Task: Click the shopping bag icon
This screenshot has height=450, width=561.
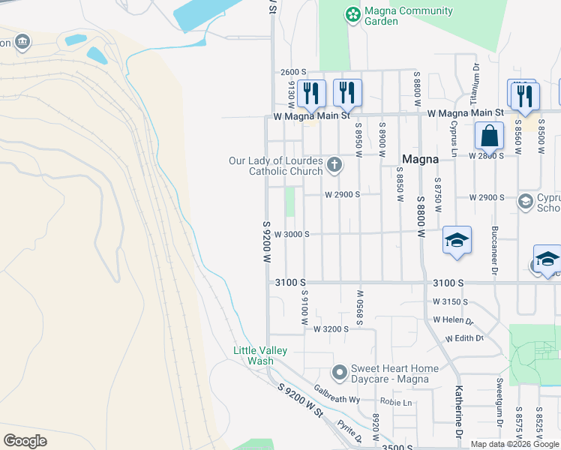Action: (489, 136)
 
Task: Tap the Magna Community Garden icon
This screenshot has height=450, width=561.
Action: (352, 14)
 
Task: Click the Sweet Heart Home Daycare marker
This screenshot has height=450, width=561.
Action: (340, 372)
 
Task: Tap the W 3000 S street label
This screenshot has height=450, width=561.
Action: (292, 234)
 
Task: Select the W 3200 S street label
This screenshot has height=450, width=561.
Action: (331, 329)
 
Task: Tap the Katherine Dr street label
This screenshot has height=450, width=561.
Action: (458, 414)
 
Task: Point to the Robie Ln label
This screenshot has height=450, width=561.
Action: (397, 402)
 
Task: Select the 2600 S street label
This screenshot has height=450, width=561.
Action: (294, 72)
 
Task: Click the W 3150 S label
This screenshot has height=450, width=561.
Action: (450, 301)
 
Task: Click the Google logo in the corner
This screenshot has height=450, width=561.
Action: (25, 441)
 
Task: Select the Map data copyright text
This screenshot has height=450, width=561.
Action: (514, 444)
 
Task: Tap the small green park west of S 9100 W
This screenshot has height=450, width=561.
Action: (289, 202)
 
